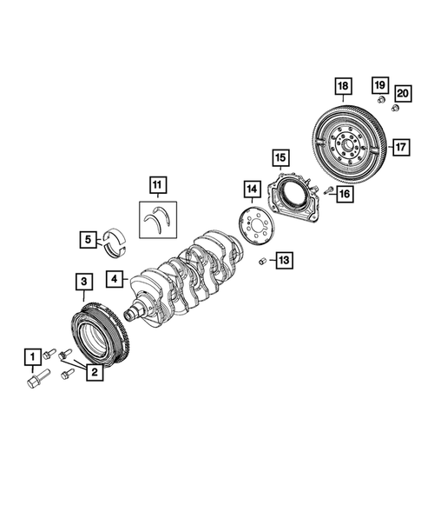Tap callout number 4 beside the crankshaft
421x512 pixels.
114,280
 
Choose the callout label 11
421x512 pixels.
157,184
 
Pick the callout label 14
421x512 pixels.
251,189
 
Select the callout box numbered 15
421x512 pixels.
280,157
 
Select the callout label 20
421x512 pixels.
402,93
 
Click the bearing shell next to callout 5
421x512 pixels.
113,237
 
